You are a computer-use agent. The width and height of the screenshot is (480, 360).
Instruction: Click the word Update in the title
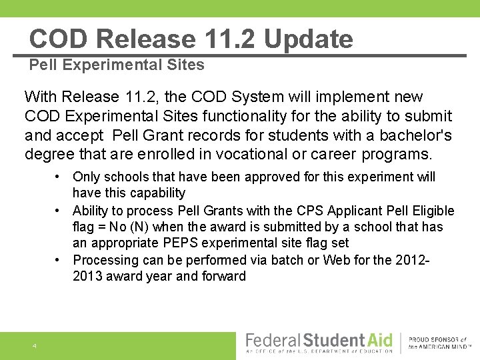coord(308,39)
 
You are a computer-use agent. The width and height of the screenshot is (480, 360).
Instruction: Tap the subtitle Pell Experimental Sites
coord(117,65)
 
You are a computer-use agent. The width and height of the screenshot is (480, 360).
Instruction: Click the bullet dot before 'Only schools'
coord(60,177)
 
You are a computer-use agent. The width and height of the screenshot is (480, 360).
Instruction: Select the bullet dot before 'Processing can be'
coord(60,260)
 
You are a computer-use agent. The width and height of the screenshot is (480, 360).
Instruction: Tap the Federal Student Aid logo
coord(319,343)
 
